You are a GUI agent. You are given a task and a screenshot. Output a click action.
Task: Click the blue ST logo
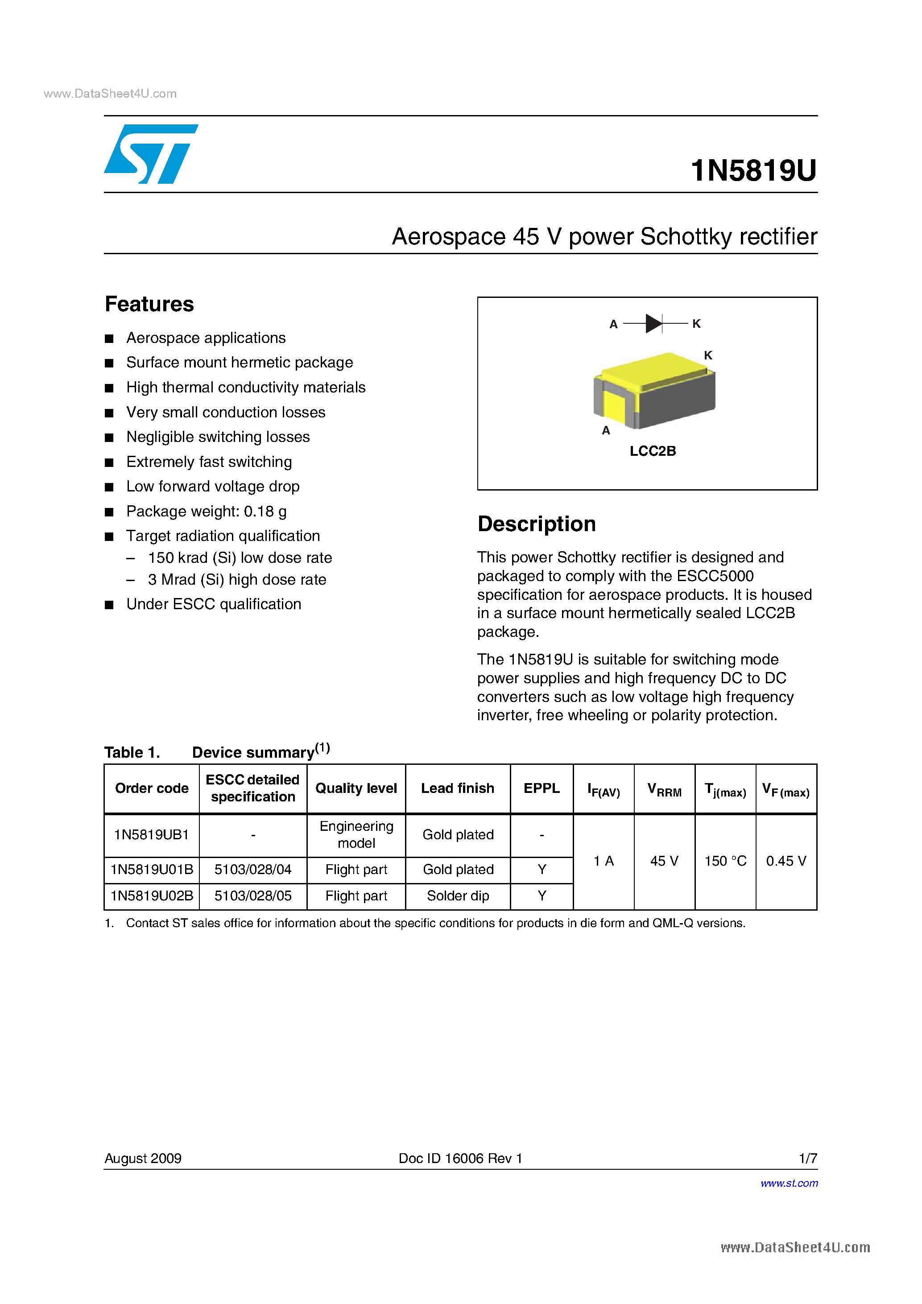[150, 154]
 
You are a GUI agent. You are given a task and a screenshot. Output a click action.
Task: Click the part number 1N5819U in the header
[753, 170]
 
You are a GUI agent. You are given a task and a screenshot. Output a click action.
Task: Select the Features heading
[149, 304]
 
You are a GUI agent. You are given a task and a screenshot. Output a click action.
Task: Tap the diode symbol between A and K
[654, 323]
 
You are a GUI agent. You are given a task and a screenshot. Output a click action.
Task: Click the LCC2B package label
[653, 451]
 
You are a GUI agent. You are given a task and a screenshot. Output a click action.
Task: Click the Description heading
[536, 524]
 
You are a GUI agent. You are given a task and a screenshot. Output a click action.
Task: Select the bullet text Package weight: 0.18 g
[206, 511]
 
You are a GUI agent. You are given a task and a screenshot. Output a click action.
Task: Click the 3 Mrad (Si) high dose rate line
[237, 579]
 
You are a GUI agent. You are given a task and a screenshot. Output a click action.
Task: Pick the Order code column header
[152, 788]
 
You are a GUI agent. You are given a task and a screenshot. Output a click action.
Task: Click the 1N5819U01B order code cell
[152, 870]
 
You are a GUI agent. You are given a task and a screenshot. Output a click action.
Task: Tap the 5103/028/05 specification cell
[253, 895]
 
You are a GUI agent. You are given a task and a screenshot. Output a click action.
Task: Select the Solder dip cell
[458, 895]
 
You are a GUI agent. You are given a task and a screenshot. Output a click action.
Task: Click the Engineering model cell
[356, 834]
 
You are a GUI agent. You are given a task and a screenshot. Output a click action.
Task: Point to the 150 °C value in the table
[725, 861]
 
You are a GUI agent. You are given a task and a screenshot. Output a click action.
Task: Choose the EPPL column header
[542, 788]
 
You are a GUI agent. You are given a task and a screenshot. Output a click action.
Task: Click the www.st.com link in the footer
[789, 1183]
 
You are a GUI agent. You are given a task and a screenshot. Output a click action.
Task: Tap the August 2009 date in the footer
[143, 1158]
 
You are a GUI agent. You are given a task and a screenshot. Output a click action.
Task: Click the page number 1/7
[808, 1158]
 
